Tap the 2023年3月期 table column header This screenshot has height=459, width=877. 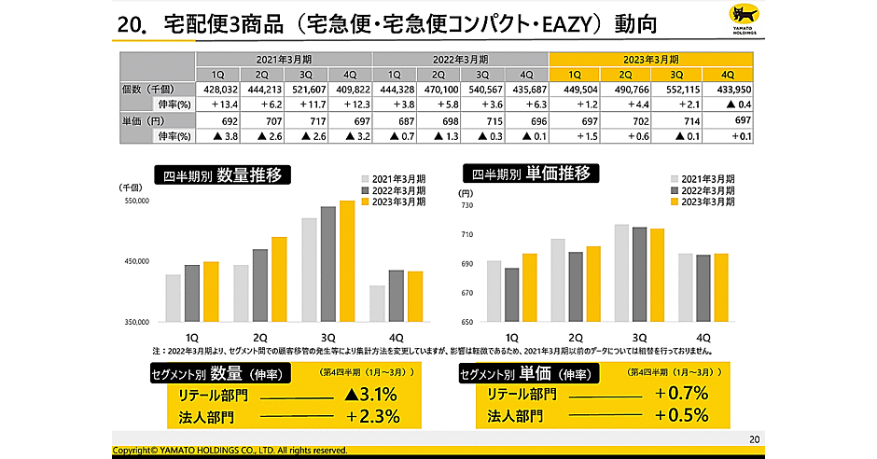pos(650,59)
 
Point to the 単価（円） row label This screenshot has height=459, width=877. pos(145,121)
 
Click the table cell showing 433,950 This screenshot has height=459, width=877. pos(729,90)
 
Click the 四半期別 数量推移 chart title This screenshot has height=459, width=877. pos(222,174)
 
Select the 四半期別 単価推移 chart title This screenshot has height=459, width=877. pos(531,174)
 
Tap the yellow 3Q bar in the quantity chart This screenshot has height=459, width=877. pos(347,261)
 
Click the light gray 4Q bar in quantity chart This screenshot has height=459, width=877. pos(376,303)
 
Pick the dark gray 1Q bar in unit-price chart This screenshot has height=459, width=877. pos(511,295)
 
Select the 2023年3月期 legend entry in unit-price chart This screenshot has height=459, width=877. pos(702,201)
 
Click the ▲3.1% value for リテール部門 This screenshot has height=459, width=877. pos(371,396)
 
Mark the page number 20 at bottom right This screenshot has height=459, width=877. pos(755,438)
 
